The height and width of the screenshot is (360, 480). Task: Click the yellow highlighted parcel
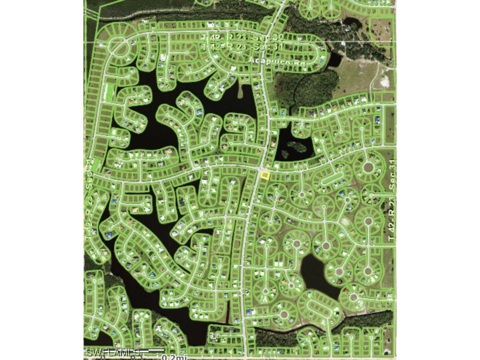coord(265,175)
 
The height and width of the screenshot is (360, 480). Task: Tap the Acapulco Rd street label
coord(266,60)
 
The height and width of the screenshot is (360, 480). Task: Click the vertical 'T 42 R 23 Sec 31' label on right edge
coord(391,200)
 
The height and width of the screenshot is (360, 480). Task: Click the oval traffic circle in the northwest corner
coord(118,46)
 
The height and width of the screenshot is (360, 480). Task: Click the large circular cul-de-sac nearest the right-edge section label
coord(368,166)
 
